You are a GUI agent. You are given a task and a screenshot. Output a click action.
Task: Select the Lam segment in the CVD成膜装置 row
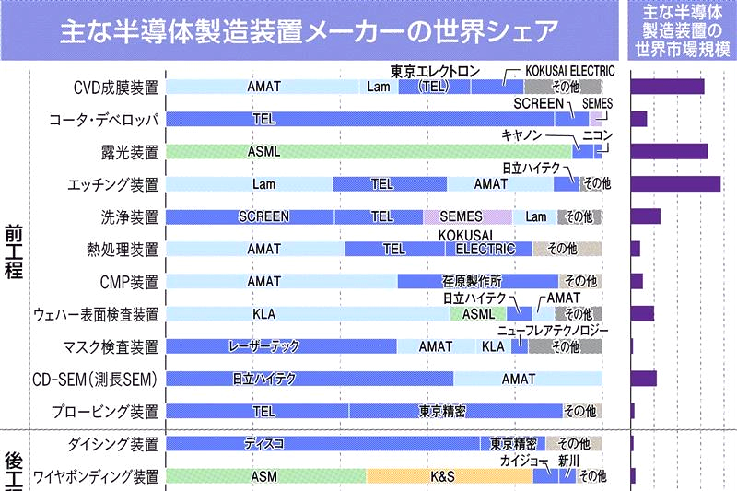tap(379, 88)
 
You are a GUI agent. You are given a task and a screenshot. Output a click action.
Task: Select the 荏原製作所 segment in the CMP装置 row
tap(477, 282)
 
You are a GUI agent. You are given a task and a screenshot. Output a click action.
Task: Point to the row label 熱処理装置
tap(121, 249)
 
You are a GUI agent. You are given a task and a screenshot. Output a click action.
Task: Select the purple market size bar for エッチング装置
tap(675, 184)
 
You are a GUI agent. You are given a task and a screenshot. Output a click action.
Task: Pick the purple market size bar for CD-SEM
tap(643, 379)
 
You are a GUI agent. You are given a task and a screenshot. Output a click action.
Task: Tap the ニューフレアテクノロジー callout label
tap(554, 331)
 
